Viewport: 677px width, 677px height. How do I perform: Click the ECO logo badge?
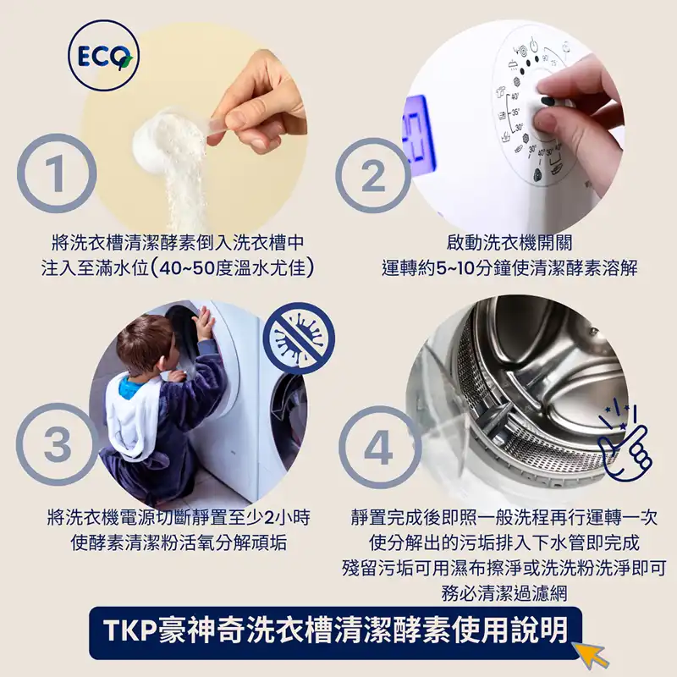tap(103, 55)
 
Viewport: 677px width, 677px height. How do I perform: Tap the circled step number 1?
tap(57, 173)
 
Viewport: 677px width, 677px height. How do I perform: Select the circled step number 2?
tap(373, 175)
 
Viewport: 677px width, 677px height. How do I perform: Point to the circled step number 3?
tap(57, 444)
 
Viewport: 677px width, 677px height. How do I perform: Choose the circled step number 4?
tap(378, 448)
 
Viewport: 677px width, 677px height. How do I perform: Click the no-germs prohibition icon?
tap(299, 338)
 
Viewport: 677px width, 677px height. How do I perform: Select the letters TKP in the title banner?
tap(129, 631)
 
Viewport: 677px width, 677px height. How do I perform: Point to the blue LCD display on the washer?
tap(418, 132)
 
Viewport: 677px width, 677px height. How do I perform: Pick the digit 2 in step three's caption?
tap(269, 517)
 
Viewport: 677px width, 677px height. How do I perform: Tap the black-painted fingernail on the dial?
tap(548, 101)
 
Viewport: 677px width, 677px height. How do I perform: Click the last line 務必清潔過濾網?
tap(504, 594)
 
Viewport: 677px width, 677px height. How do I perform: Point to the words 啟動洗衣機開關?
tap(509, 243)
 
